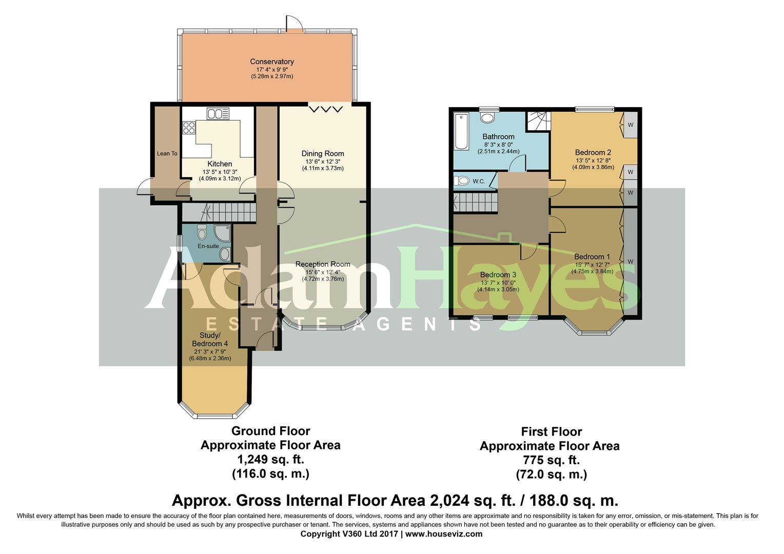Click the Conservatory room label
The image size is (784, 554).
click(x=271, y=62)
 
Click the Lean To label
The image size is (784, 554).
click(x=167, y=153)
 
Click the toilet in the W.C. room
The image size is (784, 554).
click(x=462, y=181)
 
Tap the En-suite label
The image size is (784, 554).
click(x=208, y=246)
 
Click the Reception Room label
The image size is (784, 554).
click(x=323, y=264)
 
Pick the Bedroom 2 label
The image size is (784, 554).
click(x=593, y=152)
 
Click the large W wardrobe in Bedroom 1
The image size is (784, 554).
click(x=631, y=262)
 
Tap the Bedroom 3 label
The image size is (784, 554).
click(x=498, y=274)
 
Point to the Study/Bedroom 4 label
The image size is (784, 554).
click(x=210, y=340)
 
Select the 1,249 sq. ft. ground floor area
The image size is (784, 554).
click(x=270, y=459)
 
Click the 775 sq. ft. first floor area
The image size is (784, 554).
click(x=551, y=460)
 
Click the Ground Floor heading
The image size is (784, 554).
click(x=270, y=431)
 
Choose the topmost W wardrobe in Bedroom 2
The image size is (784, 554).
click(x=630, y=125)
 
